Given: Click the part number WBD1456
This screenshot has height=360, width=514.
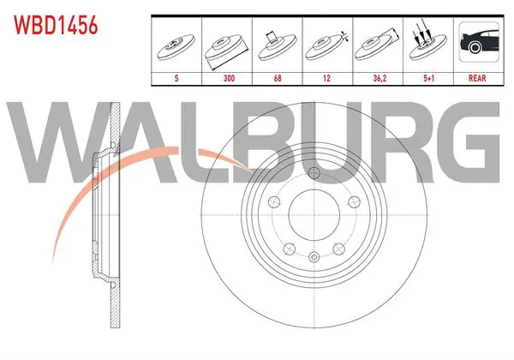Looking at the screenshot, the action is [x=56, y=25].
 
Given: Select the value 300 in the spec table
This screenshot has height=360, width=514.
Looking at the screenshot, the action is [x=229, y=78].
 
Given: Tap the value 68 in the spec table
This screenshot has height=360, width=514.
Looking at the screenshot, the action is [x=278, y=78].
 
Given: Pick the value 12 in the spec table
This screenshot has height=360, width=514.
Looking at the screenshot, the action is [x=326, y=78].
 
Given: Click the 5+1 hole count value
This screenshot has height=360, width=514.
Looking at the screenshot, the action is [x=429, y=78].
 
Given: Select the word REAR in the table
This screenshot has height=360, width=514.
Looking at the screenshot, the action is [x=477, y=78].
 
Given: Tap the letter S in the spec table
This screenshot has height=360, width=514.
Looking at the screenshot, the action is [x=176, y=78].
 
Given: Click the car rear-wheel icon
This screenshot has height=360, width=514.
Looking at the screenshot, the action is [x=479, y=42].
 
